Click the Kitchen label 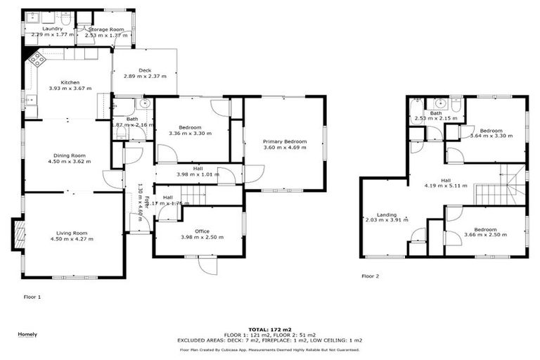tap(69, 82)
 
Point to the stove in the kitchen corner tap(37, 59)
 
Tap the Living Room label tap(71, 233)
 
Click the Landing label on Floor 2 tap(383, 214)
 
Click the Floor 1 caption tap(32, 297)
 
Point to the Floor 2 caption tap(371, 276)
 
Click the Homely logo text tap(27, 334)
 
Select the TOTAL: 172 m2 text tap(269, 329)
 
